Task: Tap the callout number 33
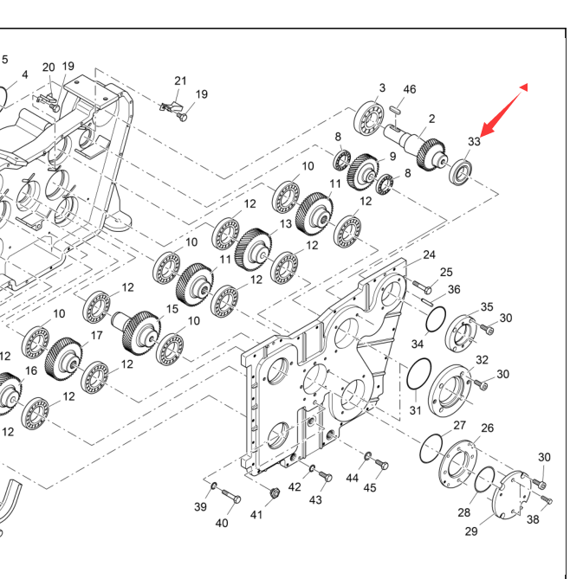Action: (474, 141)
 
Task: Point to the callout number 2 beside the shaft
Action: (431, 119)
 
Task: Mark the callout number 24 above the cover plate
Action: (429, 254)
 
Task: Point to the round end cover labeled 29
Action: (515, 497)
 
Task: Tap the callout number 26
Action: (487, 428)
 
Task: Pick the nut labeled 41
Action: (273, 492)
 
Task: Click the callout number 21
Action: (180, 80)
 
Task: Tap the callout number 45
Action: (370, 487)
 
